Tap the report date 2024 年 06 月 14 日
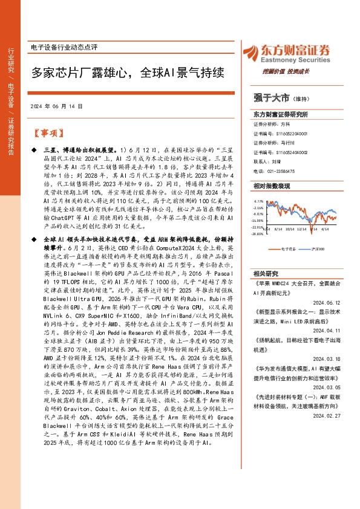click(56, 106)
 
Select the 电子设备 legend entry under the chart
click(289, 248)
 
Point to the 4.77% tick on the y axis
click(259, 201)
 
